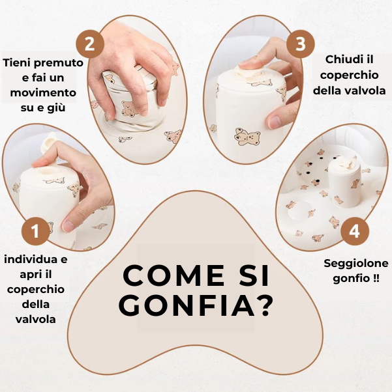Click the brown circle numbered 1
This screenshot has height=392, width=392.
(x=36, y=231)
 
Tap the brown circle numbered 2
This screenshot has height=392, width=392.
(x=89, y=44)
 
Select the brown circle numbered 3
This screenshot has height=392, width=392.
(x=300, y=44)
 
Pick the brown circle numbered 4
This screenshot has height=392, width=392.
(x=355, y=231)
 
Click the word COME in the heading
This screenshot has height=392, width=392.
(x=174, y=275)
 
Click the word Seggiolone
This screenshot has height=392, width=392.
(x=356, y=264)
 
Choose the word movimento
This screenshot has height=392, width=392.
(x=43, y=92)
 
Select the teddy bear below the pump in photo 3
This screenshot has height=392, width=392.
(x=247, y=137)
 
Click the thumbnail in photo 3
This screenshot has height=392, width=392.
(x=275, y=122)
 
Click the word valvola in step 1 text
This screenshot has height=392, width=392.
(x=36, y=319)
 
